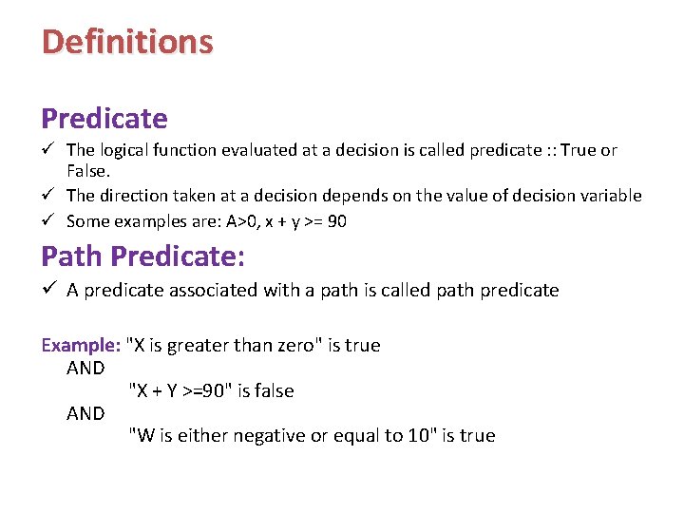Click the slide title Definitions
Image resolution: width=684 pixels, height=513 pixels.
tap(127, 42)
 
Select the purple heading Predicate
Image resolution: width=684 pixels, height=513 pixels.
tap(104, 119)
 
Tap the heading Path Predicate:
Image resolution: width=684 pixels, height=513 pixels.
tap(142, 256)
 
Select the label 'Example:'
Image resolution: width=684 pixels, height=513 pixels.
tap(81, 345)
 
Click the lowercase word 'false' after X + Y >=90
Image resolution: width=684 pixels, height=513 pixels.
tap(272, 390)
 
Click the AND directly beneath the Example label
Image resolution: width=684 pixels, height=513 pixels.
tap(85, 368)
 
